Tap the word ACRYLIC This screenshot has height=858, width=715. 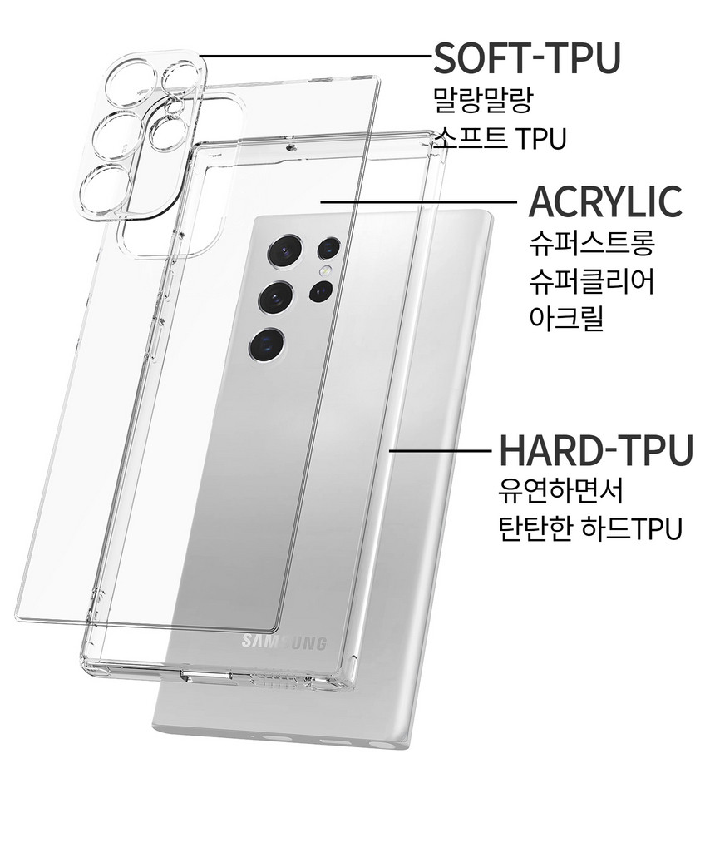click(x=605, y=201)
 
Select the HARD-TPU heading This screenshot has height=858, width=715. click(x=596, y=449)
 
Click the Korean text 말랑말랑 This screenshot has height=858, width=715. click(x=483, y=99)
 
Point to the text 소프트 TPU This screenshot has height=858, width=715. click(x=500, y=138)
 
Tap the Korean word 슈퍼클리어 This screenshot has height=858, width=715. click(x=591, y=281)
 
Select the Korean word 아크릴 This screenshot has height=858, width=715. click(x=566, y=318)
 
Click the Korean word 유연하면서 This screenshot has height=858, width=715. click(x=561, y=491)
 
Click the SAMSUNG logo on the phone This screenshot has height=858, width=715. click(x=284, y=642)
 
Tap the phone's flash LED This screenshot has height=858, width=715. click(x=327, y=270)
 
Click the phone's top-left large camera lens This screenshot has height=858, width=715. click(x=285, y=251)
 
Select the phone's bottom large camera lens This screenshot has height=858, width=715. click(x=266, y=345)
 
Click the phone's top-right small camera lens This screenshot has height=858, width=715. click(x=329, y=249)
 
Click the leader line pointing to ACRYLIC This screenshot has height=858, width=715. click(x=418, y=201)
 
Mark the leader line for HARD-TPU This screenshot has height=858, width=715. click(x=440, y=450)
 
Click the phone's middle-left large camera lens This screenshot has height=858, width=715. click(x=276, y=298)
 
